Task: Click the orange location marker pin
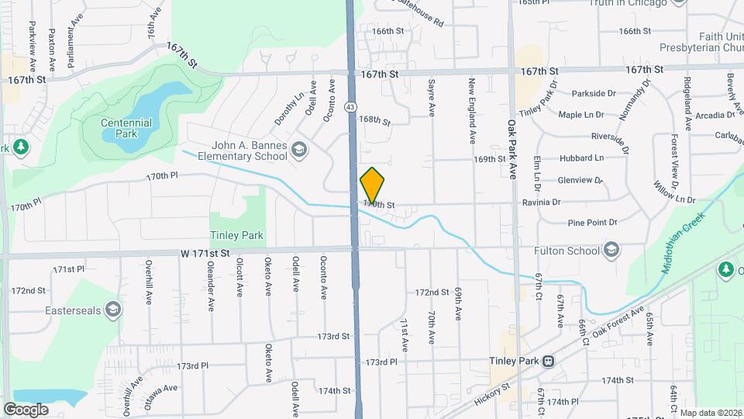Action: click(372, 185)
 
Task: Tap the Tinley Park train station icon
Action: click(549, 361)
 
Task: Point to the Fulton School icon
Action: click(611, 250)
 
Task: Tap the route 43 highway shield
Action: click(351, 106)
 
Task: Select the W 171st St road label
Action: click(206, 253)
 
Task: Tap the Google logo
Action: click(26, 409)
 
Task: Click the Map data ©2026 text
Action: click(711, 413)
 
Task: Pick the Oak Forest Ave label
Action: click(618, 323)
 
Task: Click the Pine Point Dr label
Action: click(592, 222)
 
